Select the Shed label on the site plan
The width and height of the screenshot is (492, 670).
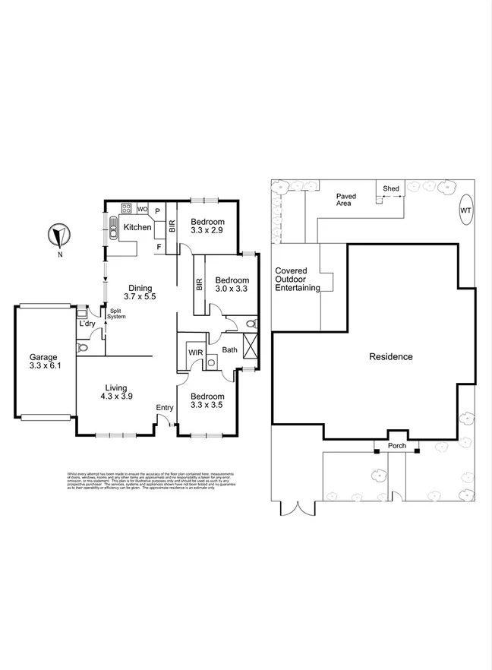pyautogui.click(x=391, y=188)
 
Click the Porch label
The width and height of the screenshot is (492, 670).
pyautogui.click(x=396, y=445)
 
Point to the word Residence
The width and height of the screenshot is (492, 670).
pyautogui.click(x=391, y=356)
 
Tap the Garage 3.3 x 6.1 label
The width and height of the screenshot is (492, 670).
pyautogui.click(x=43, y=362)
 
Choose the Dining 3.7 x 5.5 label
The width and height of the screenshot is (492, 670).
pyautogui.click(x=140, y=293)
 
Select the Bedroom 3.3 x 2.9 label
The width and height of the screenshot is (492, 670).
pyautogui.click(x=207, y=226)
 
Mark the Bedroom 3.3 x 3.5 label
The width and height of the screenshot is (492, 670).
pyautogui.click(x=207, y=401)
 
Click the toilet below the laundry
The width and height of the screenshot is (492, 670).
pyautogui.click(x=83, y=348)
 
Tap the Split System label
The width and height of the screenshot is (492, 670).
pyautogui.click(x=115, y=314)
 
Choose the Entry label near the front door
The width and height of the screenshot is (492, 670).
pyautogui.click(x=164, y=409)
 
